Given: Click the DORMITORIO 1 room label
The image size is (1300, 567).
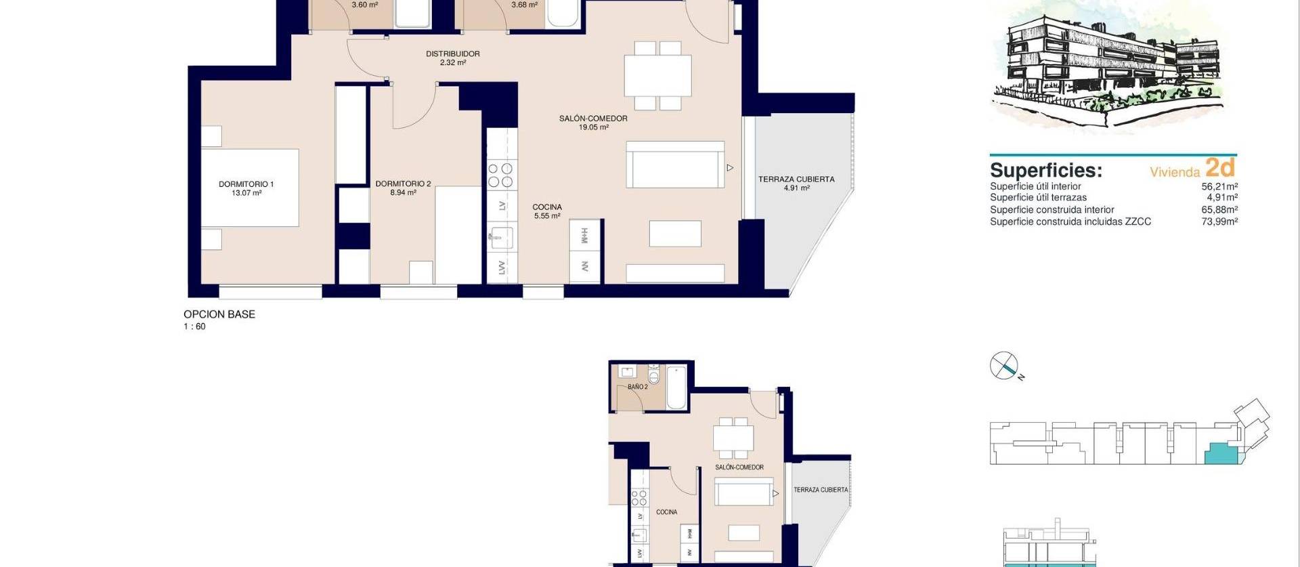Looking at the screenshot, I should [246, 184].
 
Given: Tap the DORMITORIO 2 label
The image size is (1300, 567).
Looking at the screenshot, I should [403, 184].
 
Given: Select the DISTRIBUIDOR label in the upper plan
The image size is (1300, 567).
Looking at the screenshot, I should [452, 54].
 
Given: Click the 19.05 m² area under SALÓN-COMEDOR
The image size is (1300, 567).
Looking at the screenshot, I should [593, 127].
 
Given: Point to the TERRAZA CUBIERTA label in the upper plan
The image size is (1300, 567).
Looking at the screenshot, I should [796, 180].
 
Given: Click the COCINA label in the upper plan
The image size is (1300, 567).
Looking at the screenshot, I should [546, 207].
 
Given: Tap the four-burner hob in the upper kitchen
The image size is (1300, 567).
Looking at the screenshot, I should [502, 175].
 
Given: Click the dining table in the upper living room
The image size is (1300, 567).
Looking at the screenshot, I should [657, 75].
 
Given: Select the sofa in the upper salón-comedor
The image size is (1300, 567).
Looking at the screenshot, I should [675, 165].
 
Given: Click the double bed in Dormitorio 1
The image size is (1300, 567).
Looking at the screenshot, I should [251, 188].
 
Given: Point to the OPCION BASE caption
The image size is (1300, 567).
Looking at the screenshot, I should [219, 314].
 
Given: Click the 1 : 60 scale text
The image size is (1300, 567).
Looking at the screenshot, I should [194, 327].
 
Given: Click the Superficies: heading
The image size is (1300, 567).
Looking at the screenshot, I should [1045, 170].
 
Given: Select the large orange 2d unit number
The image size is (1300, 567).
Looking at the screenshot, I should [1220, 167].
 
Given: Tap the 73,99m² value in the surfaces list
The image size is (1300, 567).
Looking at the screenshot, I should [1219, 222].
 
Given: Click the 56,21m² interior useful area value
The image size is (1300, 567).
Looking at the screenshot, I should [1219, 186].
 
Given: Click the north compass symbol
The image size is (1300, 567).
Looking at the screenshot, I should [1003, 366].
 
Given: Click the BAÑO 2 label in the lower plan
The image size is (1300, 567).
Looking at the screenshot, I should [637, 387].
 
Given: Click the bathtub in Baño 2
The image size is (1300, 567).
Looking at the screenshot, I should [676, 387].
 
